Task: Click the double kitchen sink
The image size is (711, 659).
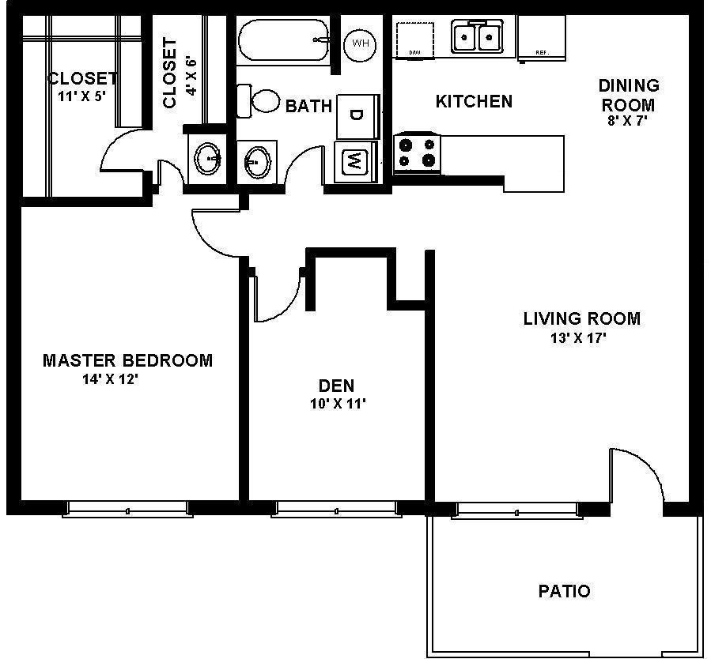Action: [x=477, y=36]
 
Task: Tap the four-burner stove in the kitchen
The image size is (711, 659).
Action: [x=417, y=153]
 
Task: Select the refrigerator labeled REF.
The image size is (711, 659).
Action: [x=542, y=38]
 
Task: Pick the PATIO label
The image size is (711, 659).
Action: [x=564, y=590]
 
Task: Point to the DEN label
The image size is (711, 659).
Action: [x=336, y=386]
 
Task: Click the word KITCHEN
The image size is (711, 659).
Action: [x=474, y=101]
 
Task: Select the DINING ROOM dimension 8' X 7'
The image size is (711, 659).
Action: [x=628, y=122]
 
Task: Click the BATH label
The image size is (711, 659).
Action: [x=308, y=106]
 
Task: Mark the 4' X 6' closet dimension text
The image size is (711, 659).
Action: [x=190, y=73]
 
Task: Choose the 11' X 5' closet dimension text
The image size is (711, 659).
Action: [x=82, y=96]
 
